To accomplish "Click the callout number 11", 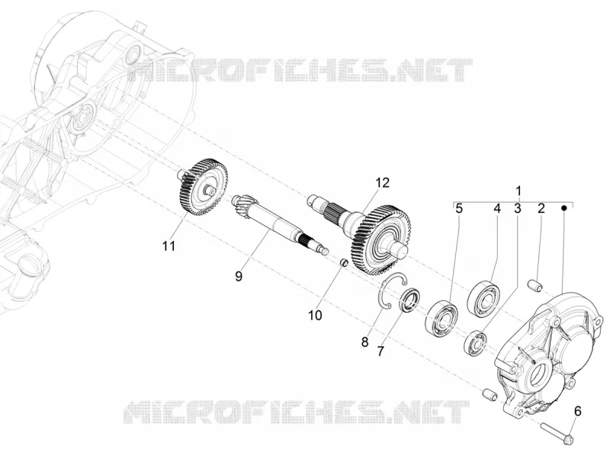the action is (x=169, y=246).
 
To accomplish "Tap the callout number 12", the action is (x=383, y=182).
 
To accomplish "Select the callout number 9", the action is (x=239, y=276).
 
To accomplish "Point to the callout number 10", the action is (x=315, y=315).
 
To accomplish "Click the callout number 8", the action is (x=364, y=342).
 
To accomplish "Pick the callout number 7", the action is (x=380, y=351).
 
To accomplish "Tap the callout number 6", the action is (x=578, y=410).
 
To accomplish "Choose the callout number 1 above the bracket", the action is (x=518, y=191).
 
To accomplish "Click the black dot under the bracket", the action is (x=564, y=208).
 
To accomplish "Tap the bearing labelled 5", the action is (x=441, y=316).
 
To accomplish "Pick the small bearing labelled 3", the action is (x=476, y=342).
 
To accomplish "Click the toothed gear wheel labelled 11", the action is (x=200, y=187).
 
